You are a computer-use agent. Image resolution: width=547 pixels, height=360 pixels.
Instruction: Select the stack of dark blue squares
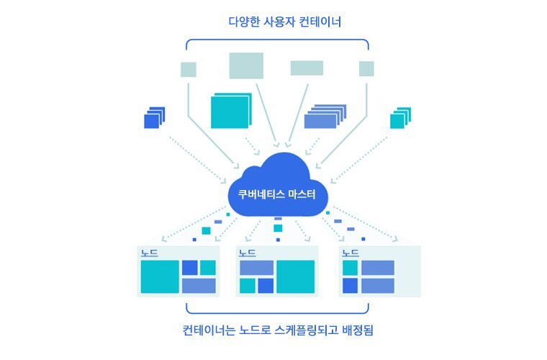tap(153, 118)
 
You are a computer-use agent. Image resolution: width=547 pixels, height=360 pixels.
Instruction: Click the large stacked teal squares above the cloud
tap(230, 111)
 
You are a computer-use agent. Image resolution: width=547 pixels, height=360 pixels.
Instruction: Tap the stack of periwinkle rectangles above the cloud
tap(324, 117)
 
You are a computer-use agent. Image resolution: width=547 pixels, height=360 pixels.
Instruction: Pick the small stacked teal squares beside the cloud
tap(399, 118)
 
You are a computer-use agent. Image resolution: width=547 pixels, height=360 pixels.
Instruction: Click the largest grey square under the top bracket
tap(246, 66)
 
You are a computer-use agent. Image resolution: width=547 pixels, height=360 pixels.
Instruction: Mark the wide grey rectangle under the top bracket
tap(307, 68)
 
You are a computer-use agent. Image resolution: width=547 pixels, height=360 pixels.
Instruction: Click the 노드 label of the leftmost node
tap(149, 253)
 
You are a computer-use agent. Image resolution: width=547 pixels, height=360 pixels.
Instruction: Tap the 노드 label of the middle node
tap(248, 253)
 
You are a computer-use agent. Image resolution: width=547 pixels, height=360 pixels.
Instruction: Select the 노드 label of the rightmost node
tap(351, 253)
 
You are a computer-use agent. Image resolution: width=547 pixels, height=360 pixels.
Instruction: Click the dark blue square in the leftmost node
tap(189, 268)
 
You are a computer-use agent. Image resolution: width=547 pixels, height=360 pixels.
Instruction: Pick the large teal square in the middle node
tap(295, 277)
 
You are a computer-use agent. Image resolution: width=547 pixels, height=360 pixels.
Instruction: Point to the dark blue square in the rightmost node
tap(351, 286)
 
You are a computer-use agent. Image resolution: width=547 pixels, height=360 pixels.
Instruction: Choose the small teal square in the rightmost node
tap(351, 268)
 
